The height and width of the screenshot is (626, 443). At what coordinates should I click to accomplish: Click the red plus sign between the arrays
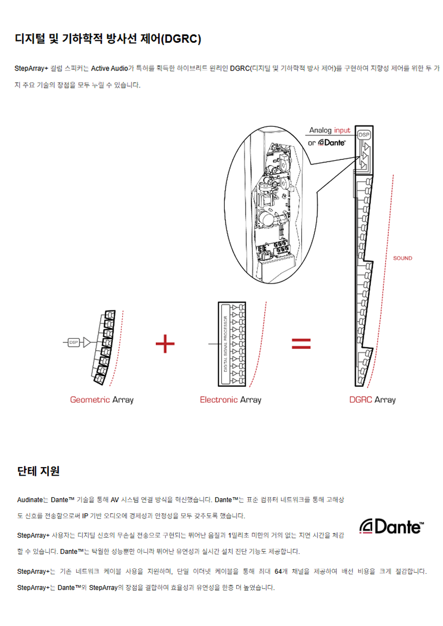point(165,344)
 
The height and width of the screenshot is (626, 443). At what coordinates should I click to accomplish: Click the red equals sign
point(301,344)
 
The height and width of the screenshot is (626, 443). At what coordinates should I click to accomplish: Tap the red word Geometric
point(90,399)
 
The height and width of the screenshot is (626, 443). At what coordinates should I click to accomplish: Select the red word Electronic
point(219,399)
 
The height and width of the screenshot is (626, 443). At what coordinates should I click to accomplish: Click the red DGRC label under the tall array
point(360,399)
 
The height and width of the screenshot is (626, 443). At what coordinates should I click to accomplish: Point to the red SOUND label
point(402,258)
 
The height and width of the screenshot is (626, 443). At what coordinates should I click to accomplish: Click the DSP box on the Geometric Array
point(74,342)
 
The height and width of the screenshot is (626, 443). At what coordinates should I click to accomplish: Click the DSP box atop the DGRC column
point(364,135)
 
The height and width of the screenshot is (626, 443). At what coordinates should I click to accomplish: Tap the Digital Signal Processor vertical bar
point(225,344)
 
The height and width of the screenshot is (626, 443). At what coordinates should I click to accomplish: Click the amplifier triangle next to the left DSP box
point(87,342)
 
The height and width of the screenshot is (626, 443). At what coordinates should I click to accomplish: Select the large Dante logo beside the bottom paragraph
point(391,527)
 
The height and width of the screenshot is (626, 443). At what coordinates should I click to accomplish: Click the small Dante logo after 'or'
point(332,143)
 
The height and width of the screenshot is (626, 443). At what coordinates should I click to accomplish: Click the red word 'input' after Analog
point(342,131)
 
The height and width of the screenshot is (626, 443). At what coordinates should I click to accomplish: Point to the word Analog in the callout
point(320,131)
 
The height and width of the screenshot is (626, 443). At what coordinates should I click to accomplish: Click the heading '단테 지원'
point(38,471)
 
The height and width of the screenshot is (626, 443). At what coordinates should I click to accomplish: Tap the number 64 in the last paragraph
point(278,571)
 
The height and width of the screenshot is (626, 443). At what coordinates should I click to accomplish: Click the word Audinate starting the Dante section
point(30,500)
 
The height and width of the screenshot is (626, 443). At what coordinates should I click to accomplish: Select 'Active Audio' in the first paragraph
point(109,69)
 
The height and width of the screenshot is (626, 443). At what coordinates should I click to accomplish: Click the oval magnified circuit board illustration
point(271,205)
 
